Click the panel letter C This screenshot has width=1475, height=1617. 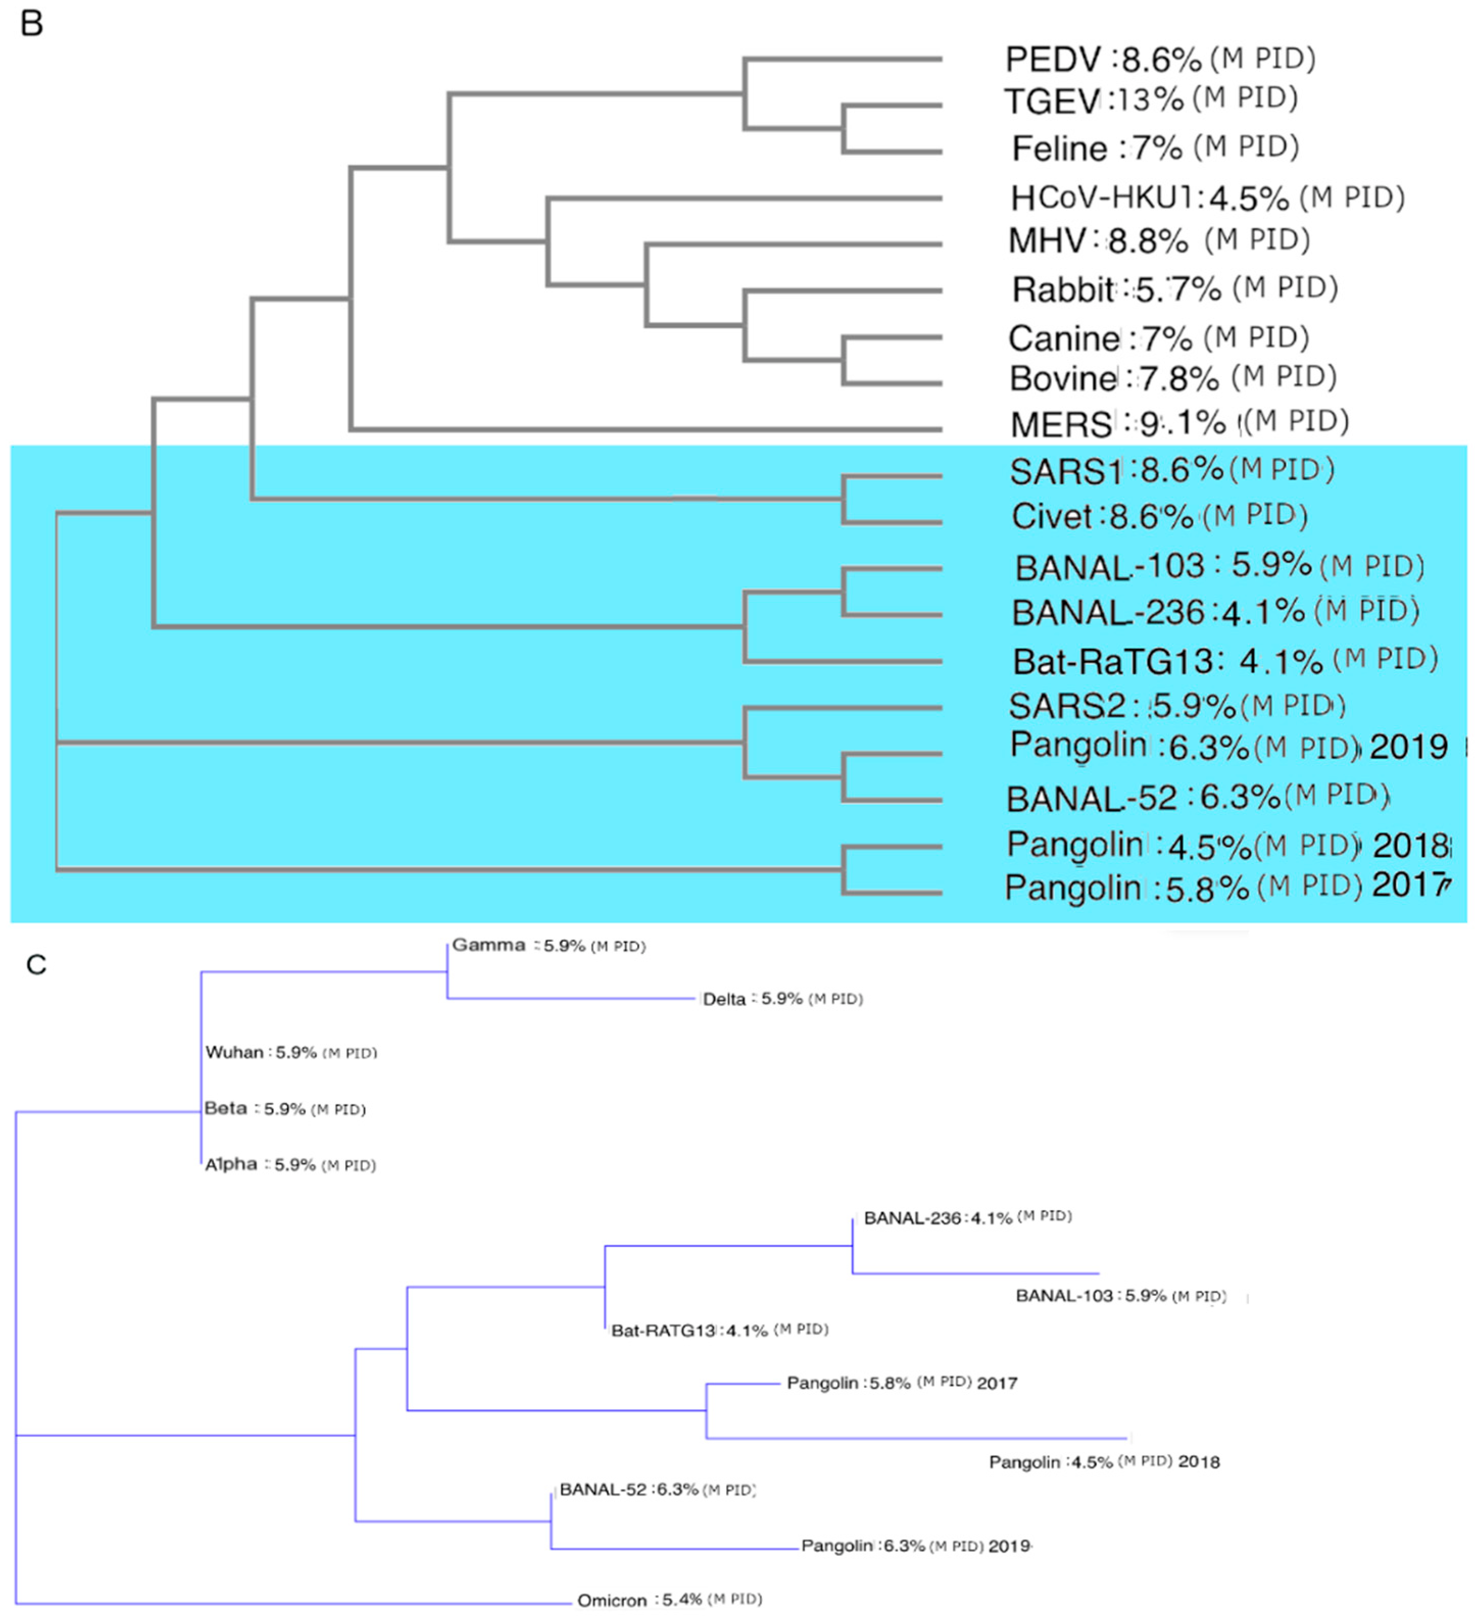click(36, 965)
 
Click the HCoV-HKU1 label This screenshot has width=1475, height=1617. click(1102, 198)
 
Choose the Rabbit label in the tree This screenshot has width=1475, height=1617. click(1062, 289)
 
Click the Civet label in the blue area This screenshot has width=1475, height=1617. click(1051, 516)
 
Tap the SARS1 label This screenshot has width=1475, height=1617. click(1065, 471)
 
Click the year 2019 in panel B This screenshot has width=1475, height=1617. click(1409, 747)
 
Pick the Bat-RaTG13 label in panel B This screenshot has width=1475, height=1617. click(1113, 661)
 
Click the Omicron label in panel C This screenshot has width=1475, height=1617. click(612, 1600)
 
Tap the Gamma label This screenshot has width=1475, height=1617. click(488, 945)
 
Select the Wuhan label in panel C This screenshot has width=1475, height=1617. click(234, 1052)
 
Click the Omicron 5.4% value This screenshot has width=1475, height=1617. click(682, 1599)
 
